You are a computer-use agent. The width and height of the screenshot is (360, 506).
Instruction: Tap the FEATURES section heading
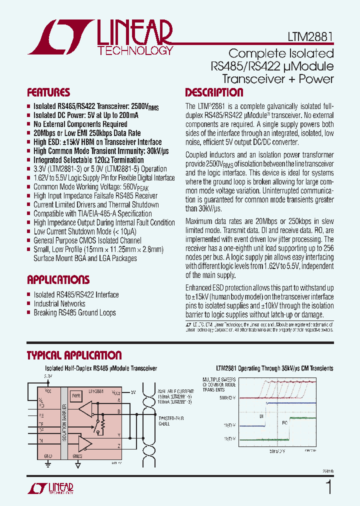click(x=48, y=92)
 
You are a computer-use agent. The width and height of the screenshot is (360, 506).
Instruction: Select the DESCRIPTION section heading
click(x=214, y=92)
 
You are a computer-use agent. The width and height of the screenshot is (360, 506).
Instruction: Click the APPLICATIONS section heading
click(x=58, y=279)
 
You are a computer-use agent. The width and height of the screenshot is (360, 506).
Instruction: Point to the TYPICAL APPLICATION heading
click(x=74, y=355)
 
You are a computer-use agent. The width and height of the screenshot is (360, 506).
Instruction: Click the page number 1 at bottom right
click(x=328, y=487)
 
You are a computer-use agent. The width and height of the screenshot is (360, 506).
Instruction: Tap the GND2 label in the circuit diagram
click(x=78, y=456)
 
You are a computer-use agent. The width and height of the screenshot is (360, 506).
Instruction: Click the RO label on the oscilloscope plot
click(x=284, y=423)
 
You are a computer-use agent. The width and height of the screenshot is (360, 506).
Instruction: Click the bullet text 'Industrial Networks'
click(x=59, y=303)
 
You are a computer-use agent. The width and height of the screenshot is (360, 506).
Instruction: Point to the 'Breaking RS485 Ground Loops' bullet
click(x=74, y=312)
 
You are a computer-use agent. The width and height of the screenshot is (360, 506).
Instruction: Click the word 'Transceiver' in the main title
click(x=248, y=78)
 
